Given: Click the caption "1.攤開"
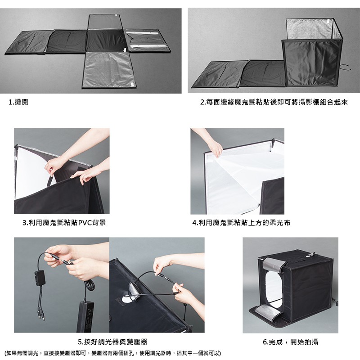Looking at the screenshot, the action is click(x=18, y=102).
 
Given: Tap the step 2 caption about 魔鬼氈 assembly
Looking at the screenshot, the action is click(x=274, y=102).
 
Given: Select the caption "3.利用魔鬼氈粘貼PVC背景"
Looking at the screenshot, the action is click(x=64, y=223).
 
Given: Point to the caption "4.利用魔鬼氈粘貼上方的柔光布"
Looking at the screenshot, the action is click(x=241, y=223).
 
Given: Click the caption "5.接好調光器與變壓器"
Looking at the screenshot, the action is click(x=112, y=342).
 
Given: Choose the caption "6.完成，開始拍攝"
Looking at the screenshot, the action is click(x=290, y=342).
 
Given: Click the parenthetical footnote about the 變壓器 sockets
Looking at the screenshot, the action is click(x=112, y=353).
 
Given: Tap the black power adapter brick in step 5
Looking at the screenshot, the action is click(x=86, y=317).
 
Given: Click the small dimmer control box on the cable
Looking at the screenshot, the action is click(x=39, y=278).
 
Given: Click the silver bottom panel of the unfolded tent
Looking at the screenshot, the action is click(x=108, y=69).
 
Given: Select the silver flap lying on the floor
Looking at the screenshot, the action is click(x=267, y=312).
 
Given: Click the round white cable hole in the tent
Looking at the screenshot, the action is click(x=127, y=299).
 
